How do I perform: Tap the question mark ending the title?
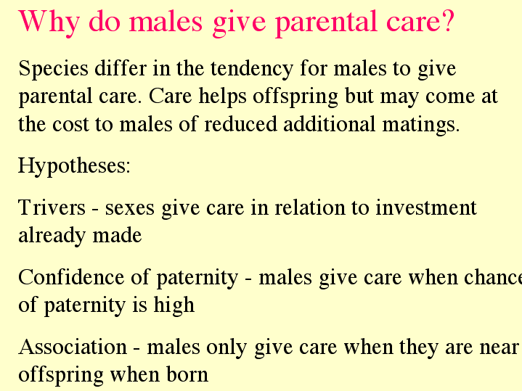(x=448, y=20)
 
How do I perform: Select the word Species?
(x=53, y=70)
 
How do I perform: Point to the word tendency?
(x=252, y=70)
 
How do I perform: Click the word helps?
(x=222, y=97)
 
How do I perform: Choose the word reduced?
(x=240, y=124)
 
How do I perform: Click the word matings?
(x=421, y=125)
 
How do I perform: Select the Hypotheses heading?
(x=74, y=166)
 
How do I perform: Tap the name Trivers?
(x=52, y=207)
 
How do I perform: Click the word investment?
(x=426, y=207)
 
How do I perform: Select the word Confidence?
(x=71, y=277)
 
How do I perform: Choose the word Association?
(x=73, y=347)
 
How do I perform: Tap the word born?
(x=187, y=375)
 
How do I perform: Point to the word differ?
(x=121, y=68)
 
